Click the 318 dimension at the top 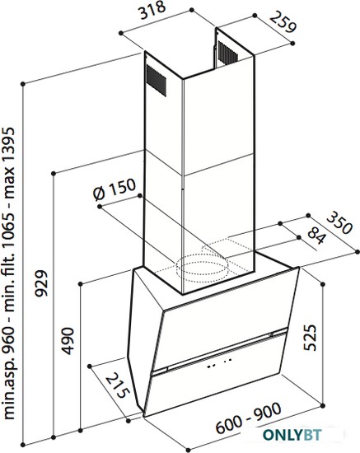coord(153,11)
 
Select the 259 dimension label coord(283,22)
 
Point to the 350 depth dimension coord(339,222)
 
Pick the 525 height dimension coord(311,338)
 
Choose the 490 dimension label coord(68,341)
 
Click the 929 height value coord(40,283)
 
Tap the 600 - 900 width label coord(249,418)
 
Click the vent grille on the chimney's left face coord(157,81)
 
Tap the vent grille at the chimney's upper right coord(227,53)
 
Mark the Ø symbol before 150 coord(99,194)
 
